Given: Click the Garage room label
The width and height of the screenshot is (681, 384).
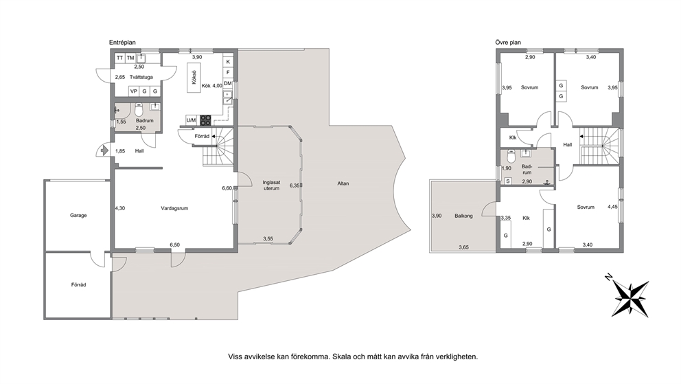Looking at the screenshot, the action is point(79,216).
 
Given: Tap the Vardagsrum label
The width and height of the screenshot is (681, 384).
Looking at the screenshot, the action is point(174,209).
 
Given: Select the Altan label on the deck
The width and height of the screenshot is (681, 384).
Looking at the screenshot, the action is point(343,183).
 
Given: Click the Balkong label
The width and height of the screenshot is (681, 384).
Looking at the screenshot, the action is point(463,216).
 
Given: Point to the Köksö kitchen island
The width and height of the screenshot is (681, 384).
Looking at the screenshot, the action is point(194,78).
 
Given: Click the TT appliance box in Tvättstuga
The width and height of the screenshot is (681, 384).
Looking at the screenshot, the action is point(120,58).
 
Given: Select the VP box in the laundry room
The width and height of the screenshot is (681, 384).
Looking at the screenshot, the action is point(134,91).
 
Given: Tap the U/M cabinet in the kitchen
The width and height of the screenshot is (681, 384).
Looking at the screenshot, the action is point(191,120).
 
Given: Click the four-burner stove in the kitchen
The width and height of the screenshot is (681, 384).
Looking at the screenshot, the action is point(205,120).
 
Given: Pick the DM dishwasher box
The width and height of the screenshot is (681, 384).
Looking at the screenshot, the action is point(228,83).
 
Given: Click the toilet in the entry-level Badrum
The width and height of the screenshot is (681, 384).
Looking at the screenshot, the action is point(139,110).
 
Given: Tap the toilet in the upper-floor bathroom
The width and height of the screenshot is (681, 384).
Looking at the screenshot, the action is point(511,155).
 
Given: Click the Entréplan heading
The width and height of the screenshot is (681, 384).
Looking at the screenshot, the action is point(122,43).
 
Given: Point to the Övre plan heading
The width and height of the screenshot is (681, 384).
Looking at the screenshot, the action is point(508,43).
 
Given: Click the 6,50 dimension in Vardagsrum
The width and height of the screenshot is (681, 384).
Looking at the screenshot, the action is point(174,245).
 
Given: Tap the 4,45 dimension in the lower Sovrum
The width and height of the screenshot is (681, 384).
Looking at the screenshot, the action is point(612,207).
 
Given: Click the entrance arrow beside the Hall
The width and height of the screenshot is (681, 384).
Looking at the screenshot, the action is point(104,150).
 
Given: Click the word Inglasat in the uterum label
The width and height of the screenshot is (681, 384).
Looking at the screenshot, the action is point(271,183).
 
